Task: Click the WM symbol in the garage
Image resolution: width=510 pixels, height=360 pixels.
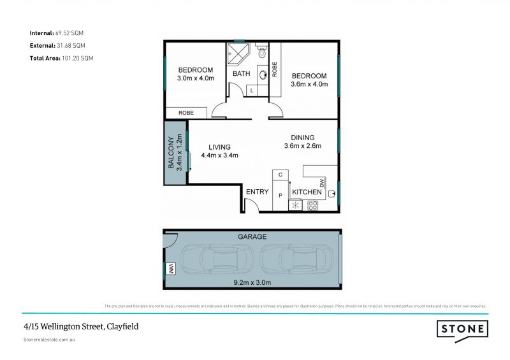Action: pos(171,270)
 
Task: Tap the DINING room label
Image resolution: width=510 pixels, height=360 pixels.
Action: pos(302,137)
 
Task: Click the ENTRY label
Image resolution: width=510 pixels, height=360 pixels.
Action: pos(258,192)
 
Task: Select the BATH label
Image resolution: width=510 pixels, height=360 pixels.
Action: pos(241,74)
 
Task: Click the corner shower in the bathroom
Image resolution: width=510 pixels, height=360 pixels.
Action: pos(238,53)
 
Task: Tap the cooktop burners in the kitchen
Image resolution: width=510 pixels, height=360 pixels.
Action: pos(313,205)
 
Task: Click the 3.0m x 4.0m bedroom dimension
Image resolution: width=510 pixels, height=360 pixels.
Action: pos(195,78)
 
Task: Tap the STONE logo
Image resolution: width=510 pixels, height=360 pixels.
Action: pos(463,329)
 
